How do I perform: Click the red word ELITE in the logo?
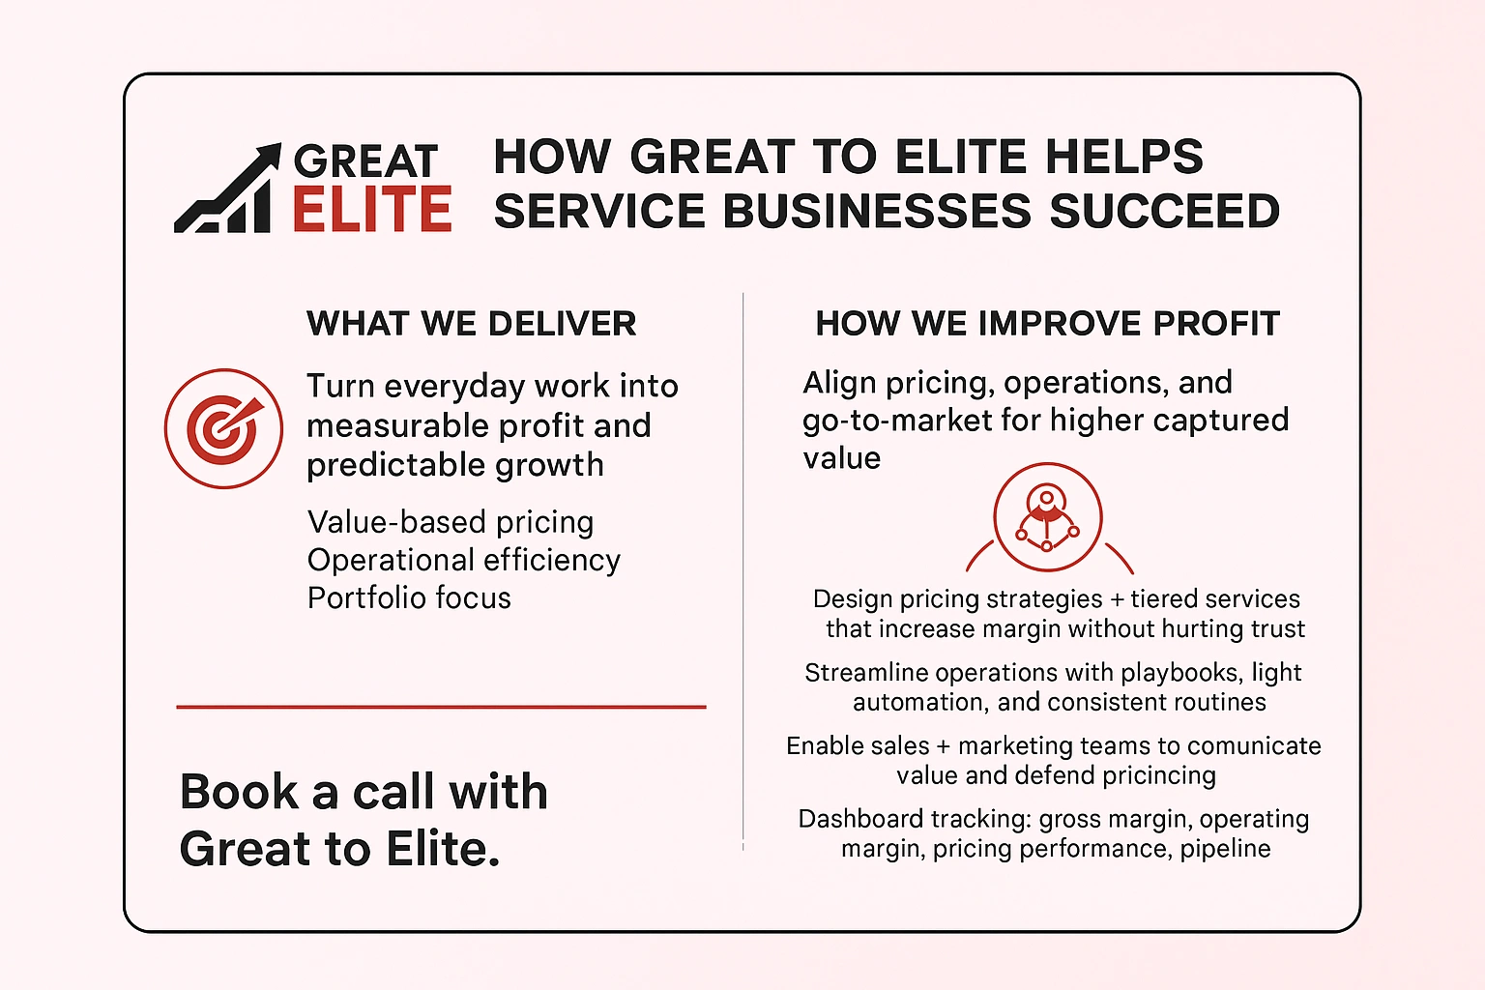click(372, 210)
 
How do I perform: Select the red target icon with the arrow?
click(223, 428)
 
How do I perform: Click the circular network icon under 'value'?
click(1048, 518)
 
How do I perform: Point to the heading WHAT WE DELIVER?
click(472, 324)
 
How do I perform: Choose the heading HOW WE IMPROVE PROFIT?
click(1048, 324)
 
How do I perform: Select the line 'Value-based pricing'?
click(451, 522)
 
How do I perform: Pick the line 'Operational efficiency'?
click(464, 560)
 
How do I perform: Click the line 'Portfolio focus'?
click(409, 597)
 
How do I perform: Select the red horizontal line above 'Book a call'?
click(441, 707)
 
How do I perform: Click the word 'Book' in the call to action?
click(240, 792)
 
